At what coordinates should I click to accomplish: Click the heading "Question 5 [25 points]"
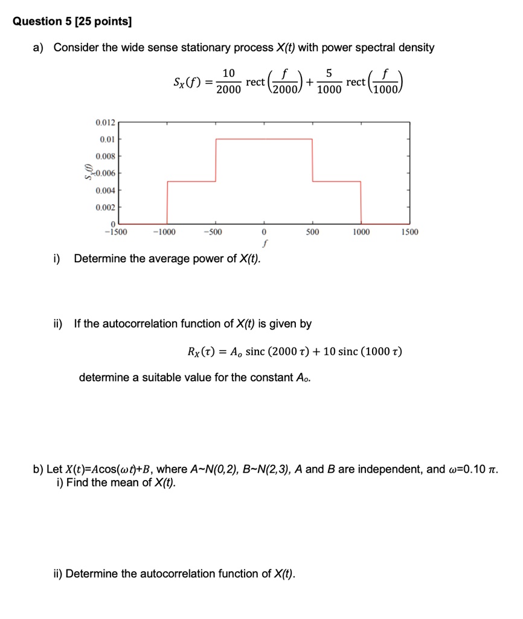coord(72,22)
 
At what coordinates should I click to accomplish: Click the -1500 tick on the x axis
coord(115,232)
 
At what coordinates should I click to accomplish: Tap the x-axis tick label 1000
coord(361,232)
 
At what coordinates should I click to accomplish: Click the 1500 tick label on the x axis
coord(409,232)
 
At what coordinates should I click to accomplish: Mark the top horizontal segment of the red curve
coord(264,138)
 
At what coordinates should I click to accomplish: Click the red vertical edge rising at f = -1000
coord(167,202)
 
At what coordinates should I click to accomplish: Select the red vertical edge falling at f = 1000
coord(361,202)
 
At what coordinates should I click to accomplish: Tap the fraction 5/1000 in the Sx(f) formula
coord(328,82)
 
